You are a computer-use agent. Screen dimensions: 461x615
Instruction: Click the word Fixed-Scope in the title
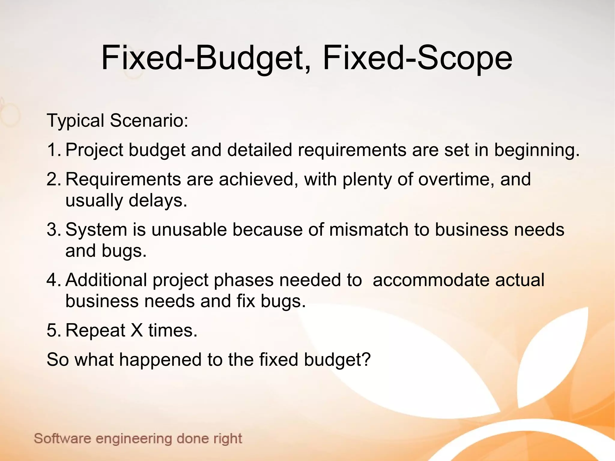[417, 58]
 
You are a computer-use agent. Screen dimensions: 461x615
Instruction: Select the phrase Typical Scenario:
[117, 121]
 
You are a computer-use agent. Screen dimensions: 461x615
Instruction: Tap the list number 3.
[53, 229]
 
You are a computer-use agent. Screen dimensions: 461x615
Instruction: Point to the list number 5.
[53, 330]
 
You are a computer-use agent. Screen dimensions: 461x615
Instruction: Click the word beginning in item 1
[536, 150]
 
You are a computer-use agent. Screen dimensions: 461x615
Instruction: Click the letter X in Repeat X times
[137, 330]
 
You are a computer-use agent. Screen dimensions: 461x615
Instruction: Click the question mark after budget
[365, 359]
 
